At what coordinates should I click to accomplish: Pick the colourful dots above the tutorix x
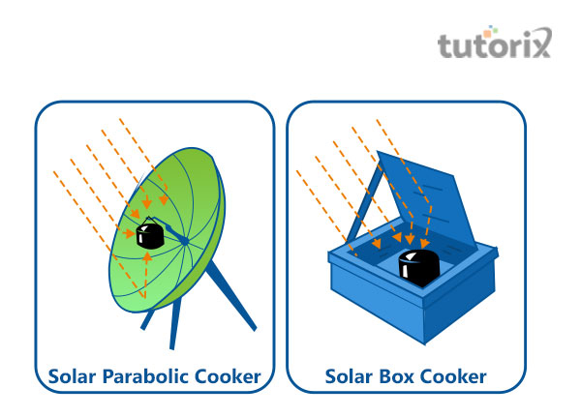[542, 33]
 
